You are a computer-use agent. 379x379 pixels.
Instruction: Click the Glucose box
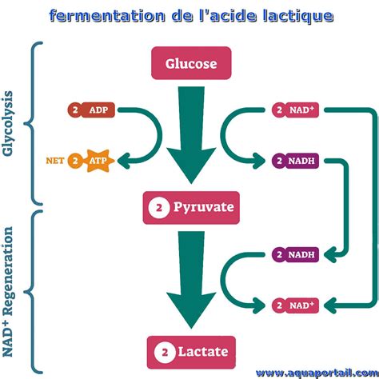[190, 63]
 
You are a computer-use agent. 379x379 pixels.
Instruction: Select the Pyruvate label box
[190, 207]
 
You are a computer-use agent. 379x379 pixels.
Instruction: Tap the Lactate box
[190, 350]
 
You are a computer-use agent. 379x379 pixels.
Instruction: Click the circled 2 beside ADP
[76, 110]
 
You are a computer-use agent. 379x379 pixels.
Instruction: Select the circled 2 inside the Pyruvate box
[158, 207]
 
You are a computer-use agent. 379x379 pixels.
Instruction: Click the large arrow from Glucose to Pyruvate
[190, 136]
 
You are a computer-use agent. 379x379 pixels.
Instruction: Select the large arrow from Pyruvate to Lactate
[190, 280]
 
